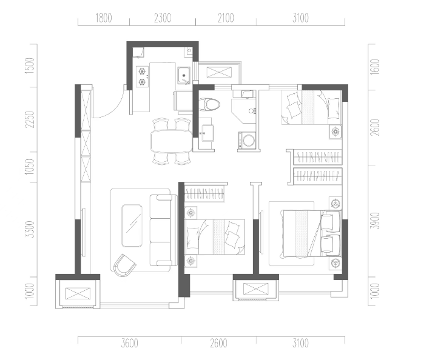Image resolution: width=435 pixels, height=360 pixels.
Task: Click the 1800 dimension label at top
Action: (x=104, y=18)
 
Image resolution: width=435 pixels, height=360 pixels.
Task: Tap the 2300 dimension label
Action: (x=163, y=18)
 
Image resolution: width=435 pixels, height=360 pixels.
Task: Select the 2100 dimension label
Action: (x=226, y=18)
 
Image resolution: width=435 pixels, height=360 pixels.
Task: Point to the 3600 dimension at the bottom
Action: (x=130, y=344)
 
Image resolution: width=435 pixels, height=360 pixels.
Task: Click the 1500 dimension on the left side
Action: (x=30, y=65)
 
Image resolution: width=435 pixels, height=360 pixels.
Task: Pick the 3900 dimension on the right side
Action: (x=375, y=221)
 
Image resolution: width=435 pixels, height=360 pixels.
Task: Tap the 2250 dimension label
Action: (x=30, y=119)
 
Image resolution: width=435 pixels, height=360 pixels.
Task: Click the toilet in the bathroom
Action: (x=210, y=105)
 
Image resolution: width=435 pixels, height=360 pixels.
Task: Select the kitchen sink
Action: (x=184, y=75)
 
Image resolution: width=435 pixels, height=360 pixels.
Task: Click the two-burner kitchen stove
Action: (x=143, y=76)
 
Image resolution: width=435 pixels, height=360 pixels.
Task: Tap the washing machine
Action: (x=246, y=140)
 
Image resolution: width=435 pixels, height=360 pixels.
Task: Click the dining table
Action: (x=172, y=141)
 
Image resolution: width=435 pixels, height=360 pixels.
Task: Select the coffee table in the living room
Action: (x=132, y=225)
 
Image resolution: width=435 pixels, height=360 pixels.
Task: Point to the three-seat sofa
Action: (x=163, y=230)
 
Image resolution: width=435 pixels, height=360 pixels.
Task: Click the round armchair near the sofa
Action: (x=124, y=265)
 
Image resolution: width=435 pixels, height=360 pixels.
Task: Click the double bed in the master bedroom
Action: (x=311, y=234)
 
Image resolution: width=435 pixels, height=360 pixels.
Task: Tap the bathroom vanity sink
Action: (x=207, y=133)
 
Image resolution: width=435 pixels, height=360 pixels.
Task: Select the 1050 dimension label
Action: (x=30, y=167)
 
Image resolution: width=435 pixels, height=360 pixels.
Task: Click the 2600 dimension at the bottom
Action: (x=218, y=344)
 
